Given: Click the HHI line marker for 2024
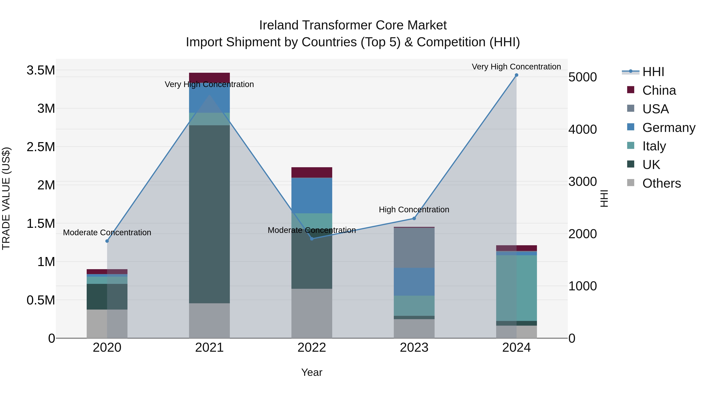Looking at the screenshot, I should (x=516, y=75).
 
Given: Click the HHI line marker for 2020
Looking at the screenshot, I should (x=107, y=241).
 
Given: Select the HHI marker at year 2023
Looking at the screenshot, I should (x=414, y=218).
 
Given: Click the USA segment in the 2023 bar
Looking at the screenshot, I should (x=414, y=248).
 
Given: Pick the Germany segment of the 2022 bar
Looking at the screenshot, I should (x=312, y=195).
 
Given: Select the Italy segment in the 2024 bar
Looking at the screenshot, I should (x=516, y=288).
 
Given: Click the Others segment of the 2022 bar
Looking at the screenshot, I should (x=312, y=313).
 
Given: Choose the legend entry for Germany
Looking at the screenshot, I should (x=669, y=128).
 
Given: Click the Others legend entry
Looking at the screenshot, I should (x=661, y=183).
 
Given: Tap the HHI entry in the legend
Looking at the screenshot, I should (x=653, y=72).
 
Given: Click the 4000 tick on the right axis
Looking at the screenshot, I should (x=582, y=129).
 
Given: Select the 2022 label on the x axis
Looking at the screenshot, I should (x=312, y=348).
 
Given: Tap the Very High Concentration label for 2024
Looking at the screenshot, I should (x=516, y=67).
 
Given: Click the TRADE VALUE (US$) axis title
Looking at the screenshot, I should (x=6, y=198).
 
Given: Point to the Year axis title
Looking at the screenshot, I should (x=312, y=372).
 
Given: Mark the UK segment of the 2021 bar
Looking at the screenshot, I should (x=209, y=214).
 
